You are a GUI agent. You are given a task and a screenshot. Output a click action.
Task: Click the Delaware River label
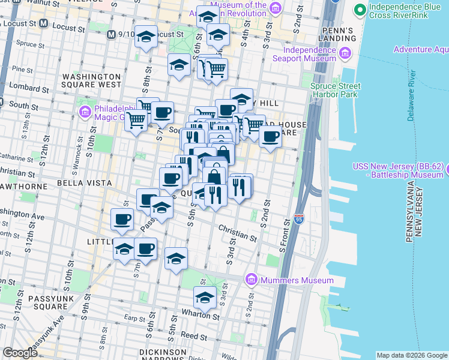point(411,95)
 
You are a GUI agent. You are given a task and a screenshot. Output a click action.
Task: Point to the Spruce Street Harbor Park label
point(334,90)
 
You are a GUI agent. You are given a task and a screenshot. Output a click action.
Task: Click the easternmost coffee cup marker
point(270,136)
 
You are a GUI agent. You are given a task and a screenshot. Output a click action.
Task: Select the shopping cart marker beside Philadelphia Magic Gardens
point(136,120)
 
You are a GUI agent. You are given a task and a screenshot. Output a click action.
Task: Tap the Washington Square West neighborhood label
point(92,81)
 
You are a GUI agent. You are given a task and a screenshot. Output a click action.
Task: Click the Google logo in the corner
point(20,353)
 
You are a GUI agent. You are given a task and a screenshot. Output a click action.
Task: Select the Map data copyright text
point(411,355)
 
